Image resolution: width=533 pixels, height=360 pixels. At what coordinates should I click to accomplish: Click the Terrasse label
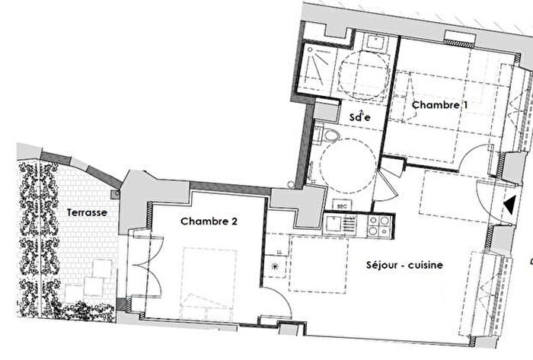(85, 212)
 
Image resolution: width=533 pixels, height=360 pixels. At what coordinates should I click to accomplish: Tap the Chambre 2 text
(209, 221)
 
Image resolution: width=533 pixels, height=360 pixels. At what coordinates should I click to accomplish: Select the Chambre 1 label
(436, 105)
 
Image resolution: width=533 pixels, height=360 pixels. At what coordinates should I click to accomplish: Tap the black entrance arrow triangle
(507, 204)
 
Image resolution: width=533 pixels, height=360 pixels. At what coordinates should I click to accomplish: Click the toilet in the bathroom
(329, 138)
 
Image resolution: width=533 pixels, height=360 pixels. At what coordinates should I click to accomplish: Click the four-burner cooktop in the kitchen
(378, 224)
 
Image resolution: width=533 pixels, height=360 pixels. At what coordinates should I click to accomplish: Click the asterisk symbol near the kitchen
(275, 266)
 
